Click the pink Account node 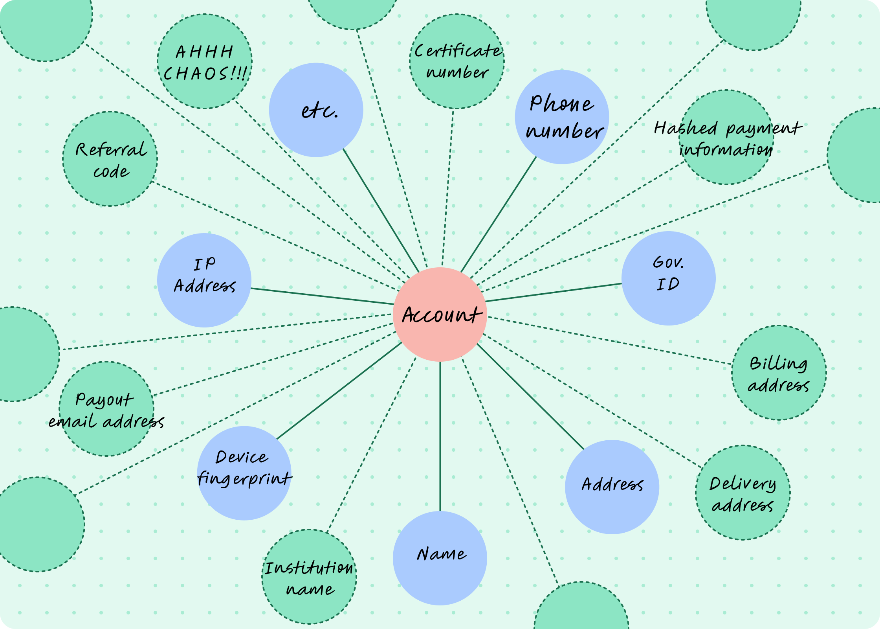coord(440,314)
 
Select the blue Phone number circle coord(562,117)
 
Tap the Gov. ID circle coord(668,278)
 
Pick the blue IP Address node coord(204,280)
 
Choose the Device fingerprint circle coord(244,473)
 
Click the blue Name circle coord(440,558)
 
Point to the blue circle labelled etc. coord(316,110)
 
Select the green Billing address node coord(779,373)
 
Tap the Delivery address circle coord(742,493)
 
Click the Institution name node coord(309,577)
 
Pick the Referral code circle coord(110,159)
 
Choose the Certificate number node coord(456,61)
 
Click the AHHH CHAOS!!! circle coord(205,61)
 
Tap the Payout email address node coord(106,409)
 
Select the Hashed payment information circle coord(726,137)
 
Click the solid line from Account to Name coord(440,436)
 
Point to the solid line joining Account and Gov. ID coord(554,292)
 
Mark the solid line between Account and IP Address coord(322,296)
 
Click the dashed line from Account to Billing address coord(609,340)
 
